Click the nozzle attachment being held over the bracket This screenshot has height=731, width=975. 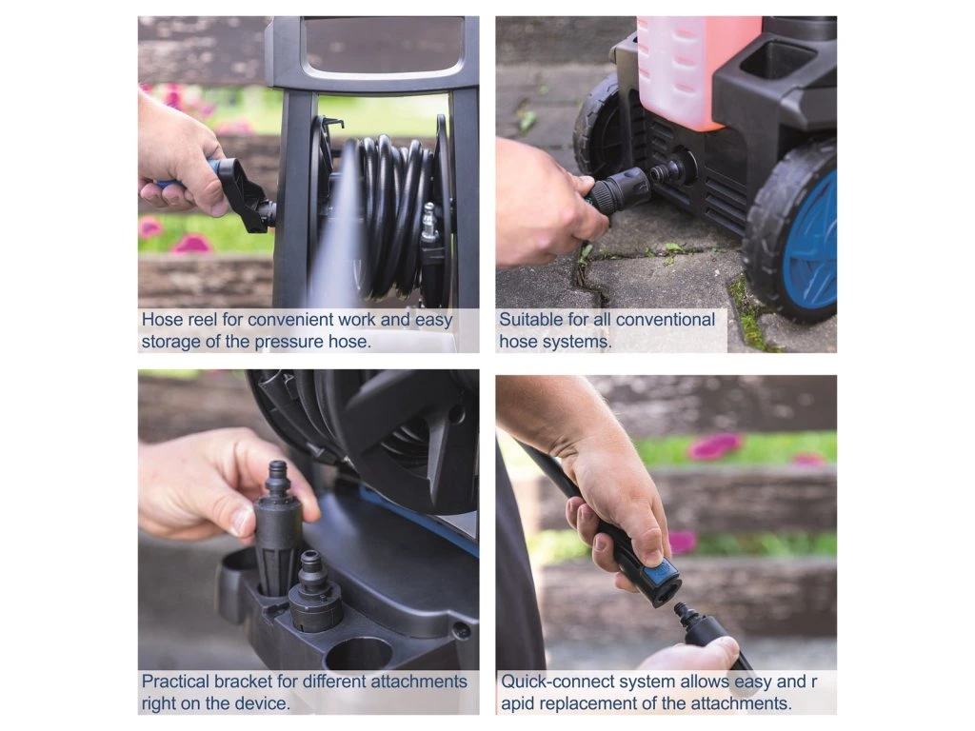click(279, 528)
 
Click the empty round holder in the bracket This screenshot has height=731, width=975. click(358, 654)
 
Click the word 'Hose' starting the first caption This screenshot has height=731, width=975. click(160, 320)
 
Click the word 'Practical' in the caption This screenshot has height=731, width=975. click(176, 682)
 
